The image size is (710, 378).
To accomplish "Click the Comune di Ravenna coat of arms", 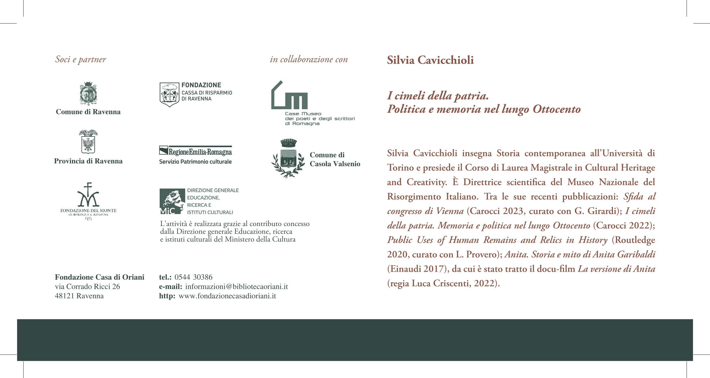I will point(88,93).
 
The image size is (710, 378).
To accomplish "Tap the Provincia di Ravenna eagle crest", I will point(88,142).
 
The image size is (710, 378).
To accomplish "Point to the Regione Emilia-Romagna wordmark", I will point(200,152).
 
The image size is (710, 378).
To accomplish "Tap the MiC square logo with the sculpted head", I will point(172,201).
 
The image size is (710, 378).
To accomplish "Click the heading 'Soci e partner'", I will point(80,60).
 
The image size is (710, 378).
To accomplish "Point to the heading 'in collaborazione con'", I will point(309,60).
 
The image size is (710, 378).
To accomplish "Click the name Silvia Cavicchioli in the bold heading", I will point(430,60).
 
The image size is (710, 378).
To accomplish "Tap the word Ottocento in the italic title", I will point(557,109).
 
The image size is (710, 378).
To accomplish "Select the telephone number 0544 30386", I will point(194,277).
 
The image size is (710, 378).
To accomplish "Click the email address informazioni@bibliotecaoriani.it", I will point(236,286).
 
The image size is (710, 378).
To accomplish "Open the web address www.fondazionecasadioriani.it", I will point(227,296).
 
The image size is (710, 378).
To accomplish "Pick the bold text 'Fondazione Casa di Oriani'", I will point(99,277).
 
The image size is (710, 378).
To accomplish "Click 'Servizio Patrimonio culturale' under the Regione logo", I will point(195,162).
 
